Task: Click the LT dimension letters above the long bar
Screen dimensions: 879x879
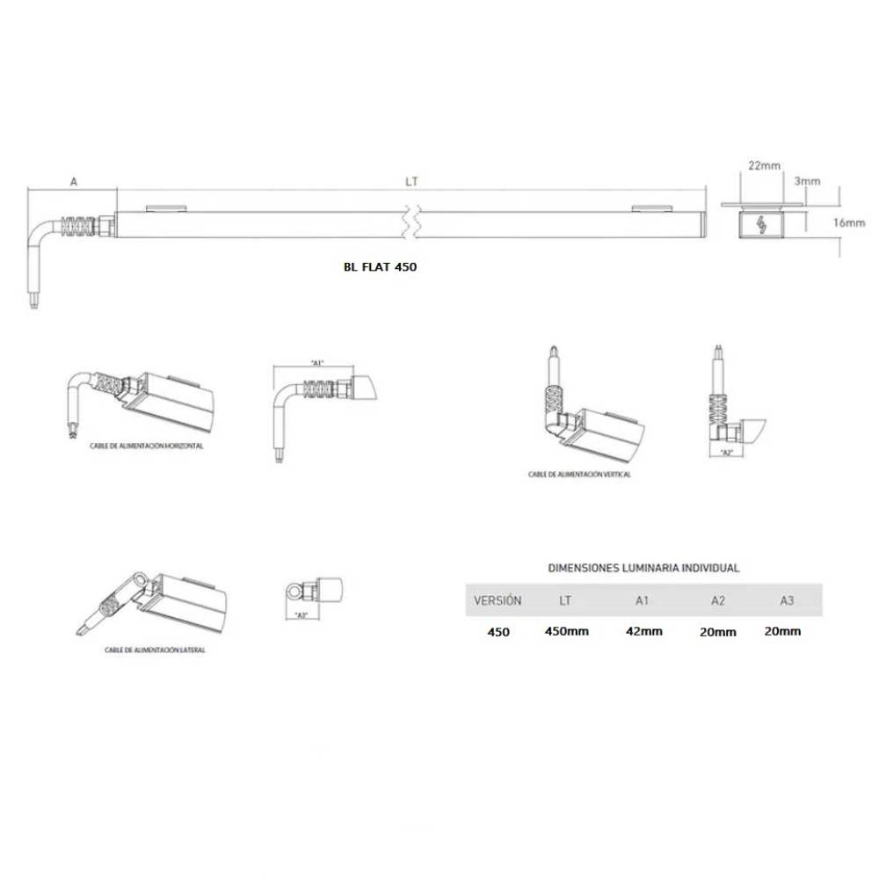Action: (411, 182)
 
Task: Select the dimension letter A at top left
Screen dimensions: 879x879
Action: (74, 182)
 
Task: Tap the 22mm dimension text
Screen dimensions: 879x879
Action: (765, 165)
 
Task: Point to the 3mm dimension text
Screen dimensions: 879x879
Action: (807, 181)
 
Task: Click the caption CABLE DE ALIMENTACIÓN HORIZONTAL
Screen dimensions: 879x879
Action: (147, 446)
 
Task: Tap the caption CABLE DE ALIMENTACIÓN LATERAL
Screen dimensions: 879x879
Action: (155, 650)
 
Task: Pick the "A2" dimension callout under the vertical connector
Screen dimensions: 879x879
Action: (726, 452)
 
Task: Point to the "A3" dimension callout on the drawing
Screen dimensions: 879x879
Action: (301, 614)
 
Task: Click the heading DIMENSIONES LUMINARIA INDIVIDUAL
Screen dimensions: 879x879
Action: (643, 568)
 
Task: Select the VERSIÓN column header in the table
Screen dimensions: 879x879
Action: (498, 601)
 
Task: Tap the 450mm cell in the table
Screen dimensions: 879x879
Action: (567, 631)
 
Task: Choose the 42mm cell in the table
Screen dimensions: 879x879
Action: (643, 631)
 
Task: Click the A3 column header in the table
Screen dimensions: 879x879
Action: (787, 601)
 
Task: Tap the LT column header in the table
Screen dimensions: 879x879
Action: (567, 601)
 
